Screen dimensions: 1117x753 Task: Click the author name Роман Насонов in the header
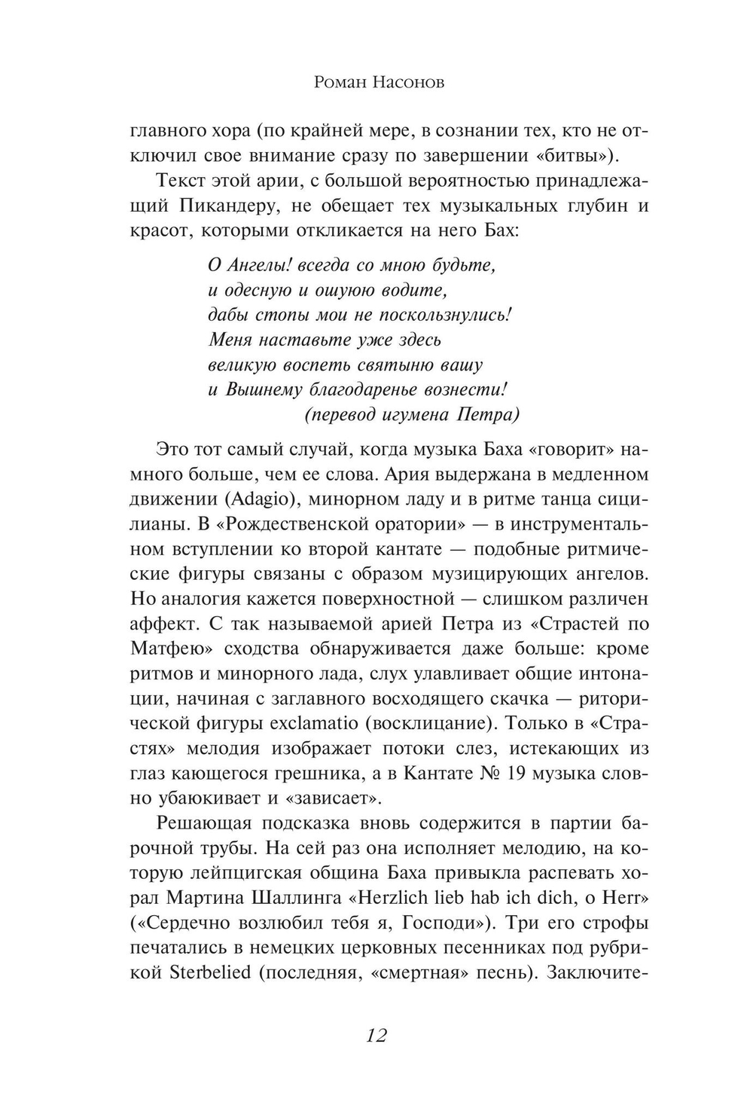[378, 82]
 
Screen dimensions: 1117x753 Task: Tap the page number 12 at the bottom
[376, 1035]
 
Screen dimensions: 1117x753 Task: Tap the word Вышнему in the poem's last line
[267, 390]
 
